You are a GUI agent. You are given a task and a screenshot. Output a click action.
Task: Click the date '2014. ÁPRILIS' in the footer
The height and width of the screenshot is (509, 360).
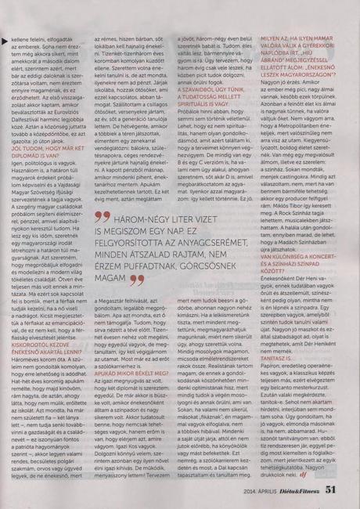pyautogui.click(x=262, y=491)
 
